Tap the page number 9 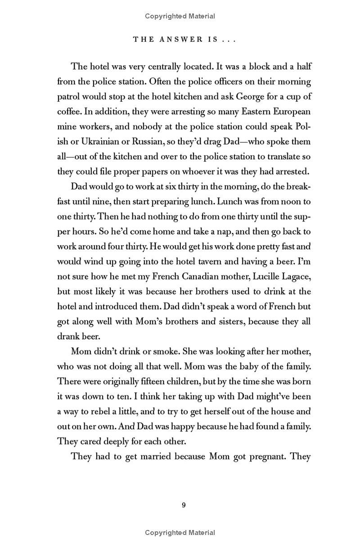pos(184,505)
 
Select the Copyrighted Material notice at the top pos(180,16)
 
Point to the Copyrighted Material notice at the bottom pos(180,533)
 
